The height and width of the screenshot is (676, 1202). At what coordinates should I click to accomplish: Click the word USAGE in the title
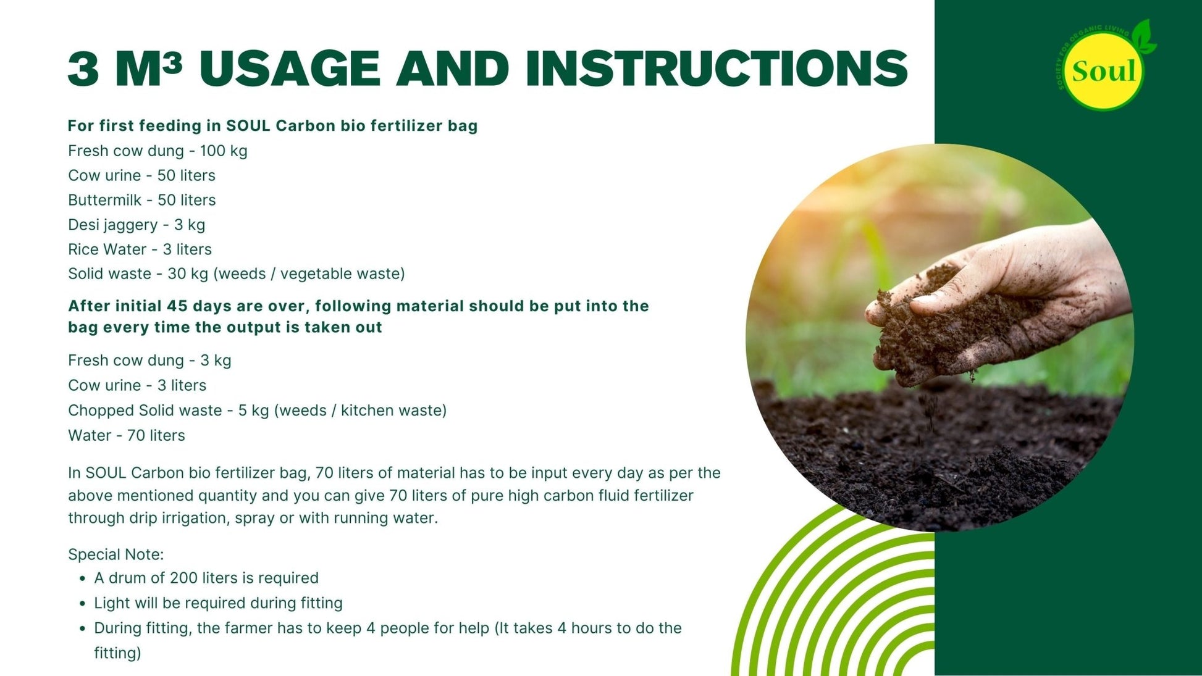click(x=289, y=69)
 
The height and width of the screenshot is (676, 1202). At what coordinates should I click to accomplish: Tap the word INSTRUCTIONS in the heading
click(x=717, y=69)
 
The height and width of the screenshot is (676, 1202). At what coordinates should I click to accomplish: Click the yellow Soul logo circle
click(x=1103, y=71)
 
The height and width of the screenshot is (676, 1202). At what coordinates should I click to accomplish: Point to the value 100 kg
click(x=224, y=151)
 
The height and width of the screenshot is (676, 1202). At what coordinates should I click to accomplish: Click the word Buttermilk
click(x=104, y=200)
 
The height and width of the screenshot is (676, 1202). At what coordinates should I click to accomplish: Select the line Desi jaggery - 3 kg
click(x=137, y=225)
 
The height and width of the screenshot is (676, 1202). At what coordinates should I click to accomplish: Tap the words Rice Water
click(x=107, y=249)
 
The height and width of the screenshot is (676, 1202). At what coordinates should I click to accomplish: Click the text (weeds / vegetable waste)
click(x=309, y=274)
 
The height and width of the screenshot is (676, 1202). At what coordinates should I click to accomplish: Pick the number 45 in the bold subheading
click(x=177, y=306)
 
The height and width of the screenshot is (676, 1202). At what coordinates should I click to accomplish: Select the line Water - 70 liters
click(x=127, y=435)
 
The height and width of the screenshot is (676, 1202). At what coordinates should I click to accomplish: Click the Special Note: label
click(x=116, y=554)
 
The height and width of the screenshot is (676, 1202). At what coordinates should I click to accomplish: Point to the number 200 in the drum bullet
click(x=183, y=578)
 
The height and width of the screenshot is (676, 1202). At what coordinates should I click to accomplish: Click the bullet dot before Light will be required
click(x=82, y=604)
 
